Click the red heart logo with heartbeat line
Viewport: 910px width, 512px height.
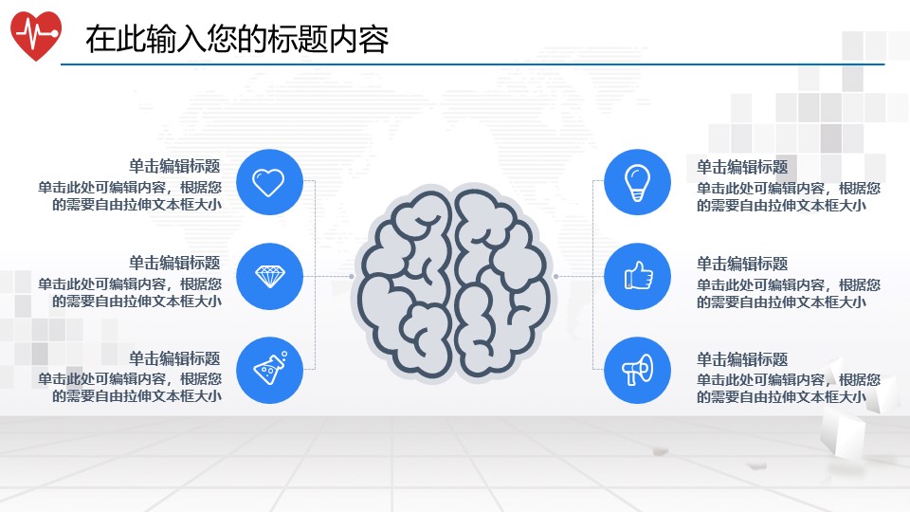point(36,35)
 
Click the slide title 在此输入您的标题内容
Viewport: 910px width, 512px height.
point(237,40)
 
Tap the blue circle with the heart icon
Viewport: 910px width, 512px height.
point(268,182)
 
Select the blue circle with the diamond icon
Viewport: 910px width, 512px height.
point(268,276)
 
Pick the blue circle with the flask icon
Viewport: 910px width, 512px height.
point(268,370)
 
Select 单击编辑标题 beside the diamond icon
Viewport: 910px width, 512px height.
point(174,263)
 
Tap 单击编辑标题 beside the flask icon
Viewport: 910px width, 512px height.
point(174,358)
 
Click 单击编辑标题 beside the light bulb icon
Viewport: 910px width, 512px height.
point(742,167)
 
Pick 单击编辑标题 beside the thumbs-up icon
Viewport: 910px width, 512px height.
point(742,264)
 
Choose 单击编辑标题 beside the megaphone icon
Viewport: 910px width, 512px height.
point(742,359)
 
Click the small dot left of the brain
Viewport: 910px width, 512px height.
point(352,277)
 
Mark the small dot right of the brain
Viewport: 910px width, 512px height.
point(555,277)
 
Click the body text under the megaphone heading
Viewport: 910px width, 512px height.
point(788,388)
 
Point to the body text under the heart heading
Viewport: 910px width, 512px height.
point(131,195)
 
